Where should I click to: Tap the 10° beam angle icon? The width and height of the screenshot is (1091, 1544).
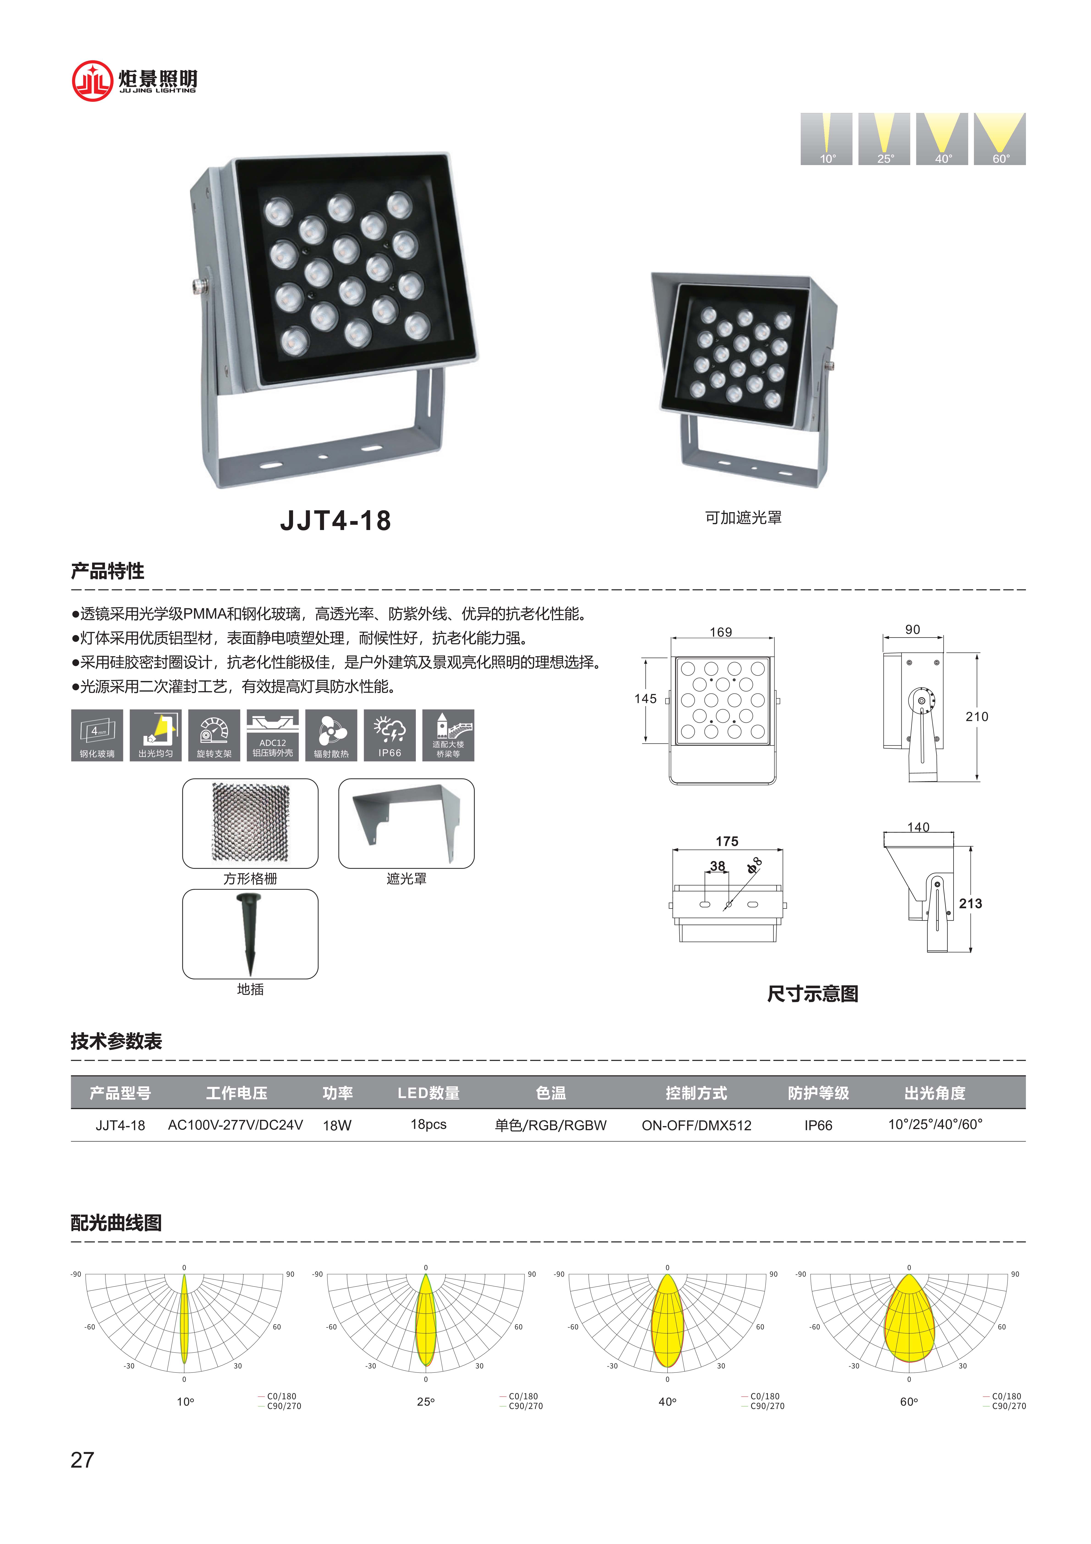click(x=826, y=138)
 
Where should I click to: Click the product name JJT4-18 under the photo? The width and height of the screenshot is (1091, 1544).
click(x=335, y=520)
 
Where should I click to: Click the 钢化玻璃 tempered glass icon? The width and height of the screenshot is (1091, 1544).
click(x=97, y=735)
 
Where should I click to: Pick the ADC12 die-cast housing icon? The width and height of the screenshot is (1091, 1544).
click(x=272, y=735)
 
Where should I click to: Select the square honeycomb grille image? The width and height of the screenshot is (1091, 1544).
click(x=250, y=823)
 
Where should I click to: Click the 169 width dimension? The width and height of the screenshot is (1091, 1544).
click(x=721, y=632)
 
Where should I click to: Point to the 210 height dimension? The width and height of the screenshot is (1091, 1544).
click(x=977, y=717)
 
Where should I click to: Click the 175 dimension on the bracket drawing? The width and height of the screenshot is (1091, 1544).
click(x=727, y=841)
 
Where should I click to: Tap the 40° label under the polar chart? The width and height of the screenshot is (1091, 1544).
click(x=667, y=1401)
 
